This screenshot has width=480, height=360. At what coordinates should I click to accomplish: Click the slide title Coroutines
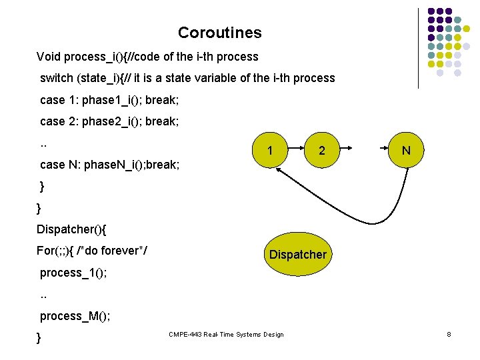click(219, 33)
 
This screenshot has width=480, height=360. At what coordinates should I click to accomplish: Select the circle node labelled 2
click(322, 151)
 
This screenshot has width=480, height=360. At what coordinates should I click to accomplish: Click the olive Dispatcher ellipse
click(297, 255)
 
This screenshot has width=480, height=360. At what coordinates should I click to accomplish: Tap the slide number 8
click(449, 334)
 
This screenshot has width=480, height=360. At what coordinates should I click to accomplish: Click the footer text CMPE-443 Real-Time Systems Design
click(226, 335)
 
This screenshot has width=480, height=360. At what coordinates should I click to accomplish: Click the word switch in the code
click(57, 78)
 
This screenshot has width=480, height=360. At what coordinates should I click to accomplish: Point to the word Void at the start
click(49, 56)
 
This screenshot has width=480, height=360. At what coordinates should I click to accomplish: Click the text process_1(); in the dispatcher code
click(73, 273)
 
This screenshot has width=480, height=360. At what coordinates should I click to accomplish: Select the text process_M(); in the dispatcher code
click(75, 316)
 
